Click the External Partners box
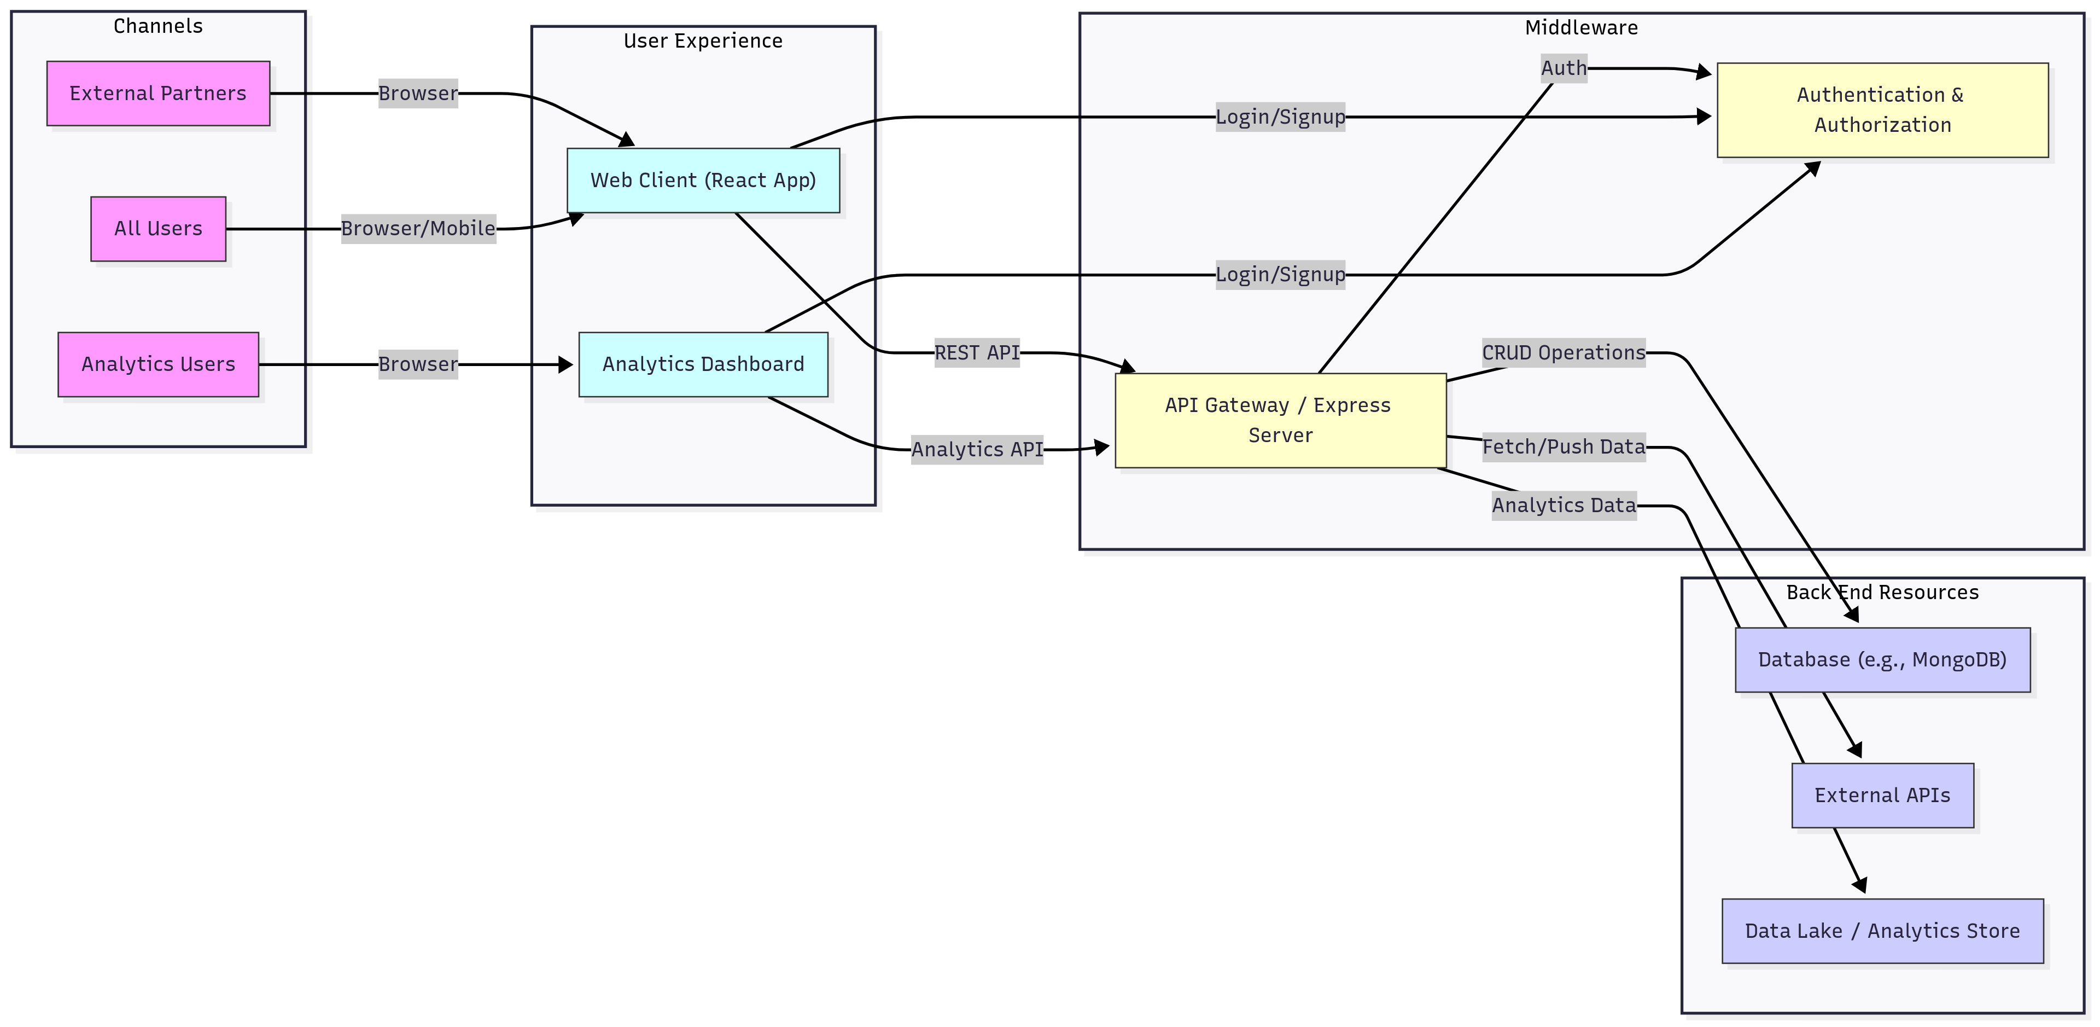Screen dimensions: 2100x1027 pyautogui.click(x=158, y=93)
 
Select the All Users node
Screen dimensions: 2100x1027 pyautogui.click(x=158, y=228)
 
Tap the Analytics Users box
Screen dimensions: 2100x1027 pyautogui.click(x=158, y=364)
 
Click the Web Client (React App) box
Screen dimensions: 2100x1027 pyautogui.click(x=703, y=180)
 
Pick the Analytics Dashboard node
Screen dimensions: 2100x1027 pyautogui.click(x=703, y=364)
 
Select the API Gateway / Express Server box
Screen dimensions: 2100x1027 pyautogui.click(x=1280, y=420)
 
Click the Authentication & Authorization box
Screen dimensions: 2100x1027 pyautogui.click(x=1882, y=110)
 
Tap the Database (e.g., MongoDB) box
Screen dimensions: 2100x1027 pyautogui.click(x=1882, y=660)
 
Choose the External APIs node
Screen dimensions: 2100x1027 pyautogui.click(x=1882, y=796)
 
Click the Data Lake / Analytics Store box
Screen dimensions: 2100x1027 pyautogui.click(x=1882, y=931)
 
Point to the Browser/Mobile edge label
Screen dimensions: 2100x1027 pyautogui.click(x=418, y=228)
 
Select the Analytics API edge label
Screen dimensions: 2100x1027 pyautogui.click(x=977, y=449)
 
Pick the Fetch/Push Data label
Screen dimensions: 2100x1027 pyautogui.click(x=1564, y=447)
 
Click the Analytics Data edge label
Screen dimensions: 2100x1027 pyautogui.click(x=1564, y=506)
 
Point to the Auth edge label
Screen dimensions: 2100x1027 pyautogui.click(x=1564, y=68)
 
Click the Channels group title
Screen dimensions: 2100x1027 pyautogui.click(x=158, y=26)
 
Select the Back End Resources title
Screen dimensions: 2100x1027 pyautogui.click(x=1882, y=592)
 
